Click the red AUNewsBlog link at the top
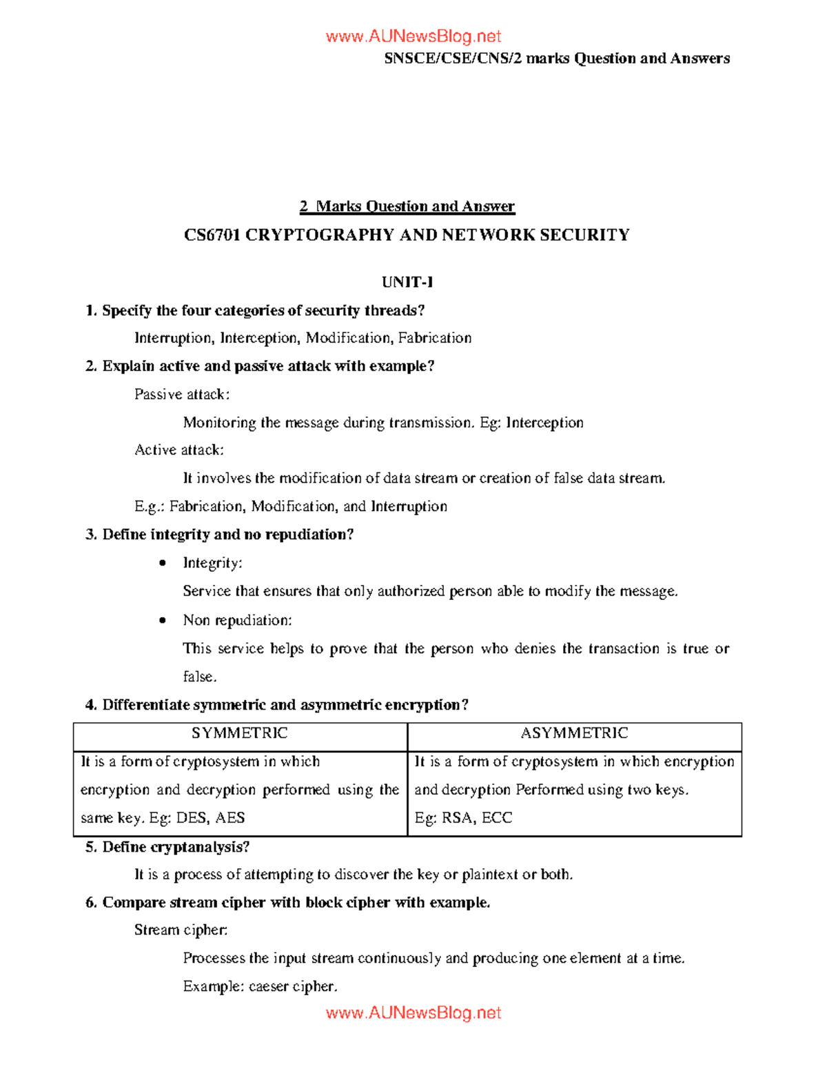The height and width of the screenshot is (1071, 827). click(x=413, y=37)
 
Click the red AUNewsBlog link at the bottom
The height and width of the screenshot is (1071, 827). click(x=413, y=1012)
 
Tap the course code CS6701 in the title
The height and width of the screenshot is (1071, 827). click(x=212, y=235)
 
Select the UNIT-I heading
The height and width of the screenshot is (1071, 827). click(x=407, y=282)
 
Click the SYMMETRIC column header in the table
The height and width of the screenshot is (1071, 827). click(x=240, y=733)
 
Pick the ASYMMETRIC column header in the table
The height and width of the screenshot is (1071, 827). click(x=574, y=733)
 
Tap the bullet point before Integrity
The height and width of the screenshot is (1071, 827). click(x=163, y=563)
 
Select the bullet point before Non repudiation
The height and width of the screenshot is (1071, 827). click(x=163, y=621)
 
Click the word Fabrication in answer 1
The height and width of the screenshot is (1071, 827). click(x=435, y=338)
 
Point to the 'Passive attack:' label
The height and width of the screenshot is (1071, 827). click(x=182, y=394)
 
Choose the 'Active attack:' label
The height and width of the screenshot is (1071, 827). click(x=179, y=450)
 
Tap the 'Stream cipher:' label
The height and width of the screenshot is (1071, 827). click(x=181, y=930)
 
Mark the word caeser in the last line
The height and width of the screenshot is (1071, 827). click(x=268, y=987)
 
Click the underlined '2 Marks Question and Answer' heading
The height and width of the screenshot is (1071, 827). click(x=407, y=206)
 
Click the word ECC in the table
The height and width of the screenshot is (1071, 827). click(x=497, y=818)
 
